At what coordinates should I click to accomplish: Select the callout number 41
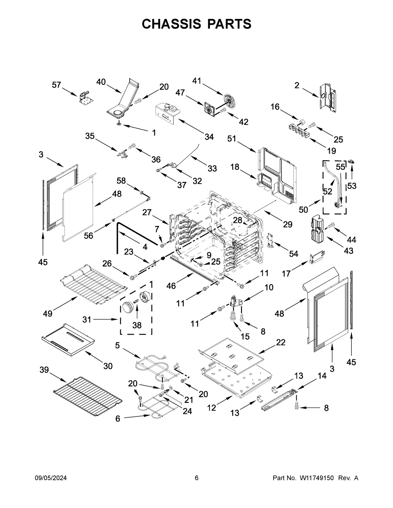click(x=197, y=81)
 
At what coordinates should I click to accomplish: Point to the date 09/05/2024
click(x=51, y=478)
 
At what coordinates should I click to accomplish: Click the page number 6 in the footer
click(x=196, y=478)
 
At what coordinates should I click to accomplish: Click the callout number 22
click(x=281, y=342)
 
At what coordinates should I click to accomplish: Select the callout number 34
click(x=209, y=137)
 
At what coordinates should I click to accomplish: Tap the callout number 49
click(x=48, y=314)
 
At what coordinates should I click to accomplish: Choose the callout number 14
click(x=322, y=376)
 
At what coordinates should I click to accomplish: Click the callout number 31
click(x=87, y=319)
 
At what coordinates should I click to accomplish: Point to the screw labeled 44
click(x=332, y=225)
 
